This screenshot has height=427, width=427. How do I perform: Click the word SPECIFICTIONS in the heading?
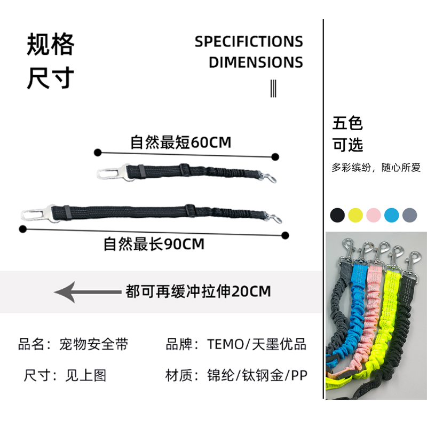click(x=249, y=42)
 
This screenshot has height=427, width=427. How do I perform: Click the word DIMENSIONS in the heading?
click(x=256, y=62)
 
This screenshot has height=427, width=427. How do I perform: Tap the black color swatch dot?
click(x=337, y=215)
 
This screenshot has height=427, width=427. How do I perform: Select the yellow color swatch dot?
click(x=355, y=215)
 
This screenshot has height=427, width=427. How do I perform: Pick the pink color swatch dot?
click(x=374, y=215)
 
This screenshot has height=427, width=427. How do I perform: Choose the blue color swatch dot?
click(x=392, y=215)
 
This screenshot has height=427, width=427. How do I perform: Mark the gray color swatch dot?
click(x=410, y=215)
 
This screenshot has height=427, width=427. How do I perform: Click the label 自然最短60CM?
click(x=181, y=143)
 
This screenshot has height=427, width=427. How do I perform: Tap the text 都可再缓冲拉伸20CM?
click(x=198, y=291)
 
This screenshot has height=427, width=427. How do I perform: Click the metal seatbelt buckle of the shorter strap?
click(x=110, y=173)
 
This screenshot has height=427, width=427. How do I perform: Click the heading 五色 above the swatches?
click(x=347, y=123)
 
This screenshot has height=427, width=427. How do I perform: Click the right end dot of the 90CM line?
click(x=285, y=235)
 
